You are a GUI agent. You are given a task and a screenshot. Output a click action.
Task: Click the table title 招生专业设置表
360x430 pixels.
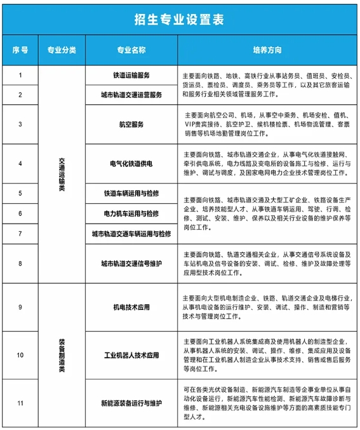180,19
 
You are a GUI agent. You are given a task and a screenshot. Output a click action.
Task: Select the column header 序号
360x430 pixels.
20,50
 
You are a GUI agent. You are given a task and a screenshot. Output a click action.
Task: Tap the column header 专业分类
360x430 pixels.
62,50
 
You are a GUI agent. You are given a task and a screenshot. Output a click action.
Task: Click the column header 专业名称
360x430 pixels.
131,50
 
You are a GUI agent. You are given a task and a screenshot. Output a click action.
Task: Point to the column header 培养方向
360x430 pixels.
267,50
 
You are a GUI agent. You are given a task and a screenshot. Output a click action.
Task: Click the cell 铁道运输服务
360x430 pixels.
131,76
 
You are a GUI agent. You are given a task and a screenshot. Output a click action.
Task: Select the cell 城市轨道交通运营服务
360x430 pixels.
131,95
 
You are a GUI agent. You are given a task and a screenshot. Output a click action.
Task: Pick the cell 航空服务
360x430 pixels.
131,124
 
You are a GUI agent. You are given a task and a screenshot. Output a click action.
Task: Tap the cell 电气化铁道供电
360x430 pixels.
131,164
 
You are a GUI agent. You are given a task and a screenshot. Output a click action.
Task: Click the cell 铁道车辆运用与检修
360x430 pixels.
131,193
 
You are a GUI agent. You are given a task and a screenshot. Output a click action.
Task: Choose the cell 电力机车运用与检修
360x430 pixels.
131,213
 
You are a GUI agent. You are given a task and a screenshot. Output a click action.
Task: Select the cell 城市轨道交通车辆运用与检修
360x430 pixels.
131,234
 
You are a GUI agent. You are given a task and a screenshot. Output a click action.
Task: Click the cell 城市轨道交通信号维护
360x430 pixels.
131,263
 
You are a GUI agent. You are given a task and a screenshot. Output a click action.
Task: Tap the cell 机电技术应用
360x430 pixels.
131,307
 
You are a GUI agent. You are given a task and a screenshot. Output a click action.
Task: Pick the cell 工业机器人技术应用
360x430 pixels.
131,354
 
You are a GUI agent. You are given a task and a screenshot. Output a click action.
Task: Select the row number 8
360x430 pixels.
20,263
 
